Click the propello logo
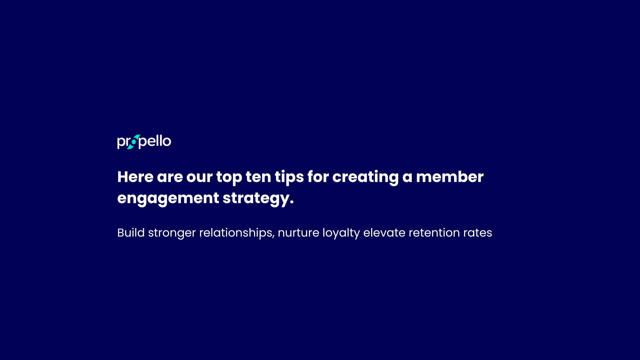point(144,142)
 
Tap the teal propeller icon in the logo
point(134,142)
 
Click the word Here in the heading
point(135,177)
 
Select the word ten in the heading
point(258,177)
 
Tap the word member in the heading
point(450,177)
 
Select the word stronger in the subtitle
point(172,233)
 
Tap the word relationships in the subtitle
point(236,233)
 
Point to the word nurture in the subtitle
point(298,233)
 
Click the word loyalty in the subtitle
point(341,233)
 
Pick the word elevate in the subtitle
point(384,233)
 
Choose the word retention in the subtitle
point(434,233)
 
